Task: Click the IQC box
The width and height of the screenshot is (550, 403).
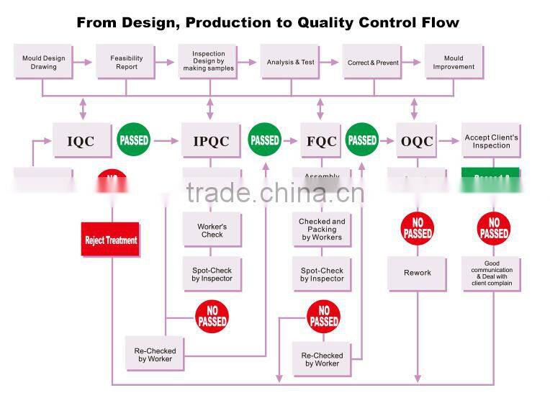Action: coord(81,141)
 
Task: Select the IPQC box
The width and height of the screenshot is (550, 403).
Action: coord(211,141)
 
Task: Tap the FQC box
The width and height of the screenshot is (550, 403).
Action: coord(321,141)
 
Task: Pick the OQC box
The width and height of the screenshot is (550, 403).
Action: coord(417,141)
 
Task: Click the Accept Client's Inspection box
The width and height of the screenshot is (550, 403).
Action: coord(491,141)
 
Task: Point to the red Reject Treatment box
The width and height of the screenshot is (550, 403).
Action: coord(111,240)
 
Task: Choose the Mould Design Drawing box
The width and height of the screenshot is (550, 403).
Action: coord(43,63)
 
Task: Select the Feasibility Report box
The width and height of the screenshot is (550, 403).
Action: coord(127,63)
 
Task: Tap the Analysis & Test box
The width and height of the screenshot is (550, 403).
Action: coord(291,63)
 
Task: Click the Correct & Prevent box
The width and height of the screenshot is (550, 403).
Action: coord(373,63)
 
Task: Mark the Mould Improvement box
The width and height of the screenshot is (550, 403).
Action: coord(454,63)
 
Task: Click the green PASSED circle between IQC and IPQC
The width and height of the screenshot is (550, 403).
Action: coord(134,140)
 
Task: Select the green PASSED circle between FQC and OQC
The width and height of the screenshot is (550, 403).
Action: coord(362,140)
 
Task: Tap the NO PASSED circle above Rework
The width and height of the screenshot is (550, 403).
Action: coord(418,229)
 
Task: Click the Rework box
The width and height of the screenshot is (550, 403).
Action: coord(418,273)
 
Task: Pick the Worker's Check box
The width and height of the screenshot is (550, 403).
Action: coord(212,230)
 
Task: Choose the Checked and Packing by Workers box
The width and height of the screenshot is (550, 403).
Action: coord(322,230)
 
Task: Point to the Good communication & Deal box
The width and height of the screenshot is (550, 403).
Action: coord(491,273)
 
